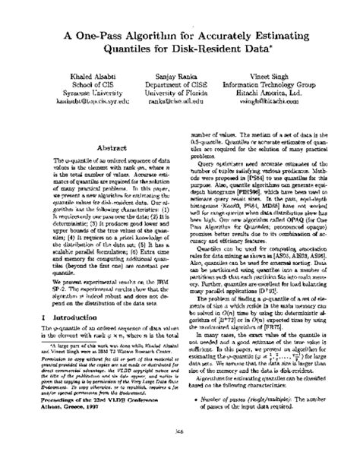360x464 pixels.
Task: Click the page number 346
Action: coord(180,449)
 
